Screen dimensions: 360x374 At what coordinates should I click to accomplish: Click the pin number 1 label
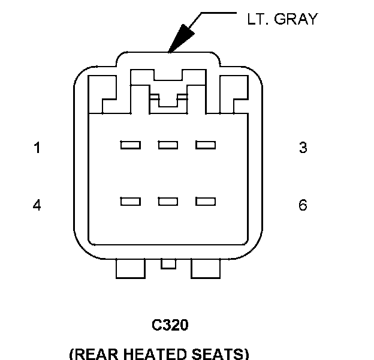(x=37, y=148)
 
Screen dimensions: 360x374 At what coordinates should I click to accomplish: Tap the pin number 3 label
(x=303, y=148)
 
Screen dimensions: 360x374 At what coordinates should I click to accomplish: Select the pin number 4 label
(x=37, y=205)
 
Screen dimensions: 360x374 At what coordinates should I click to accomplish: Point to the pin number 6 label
(x=303, y=205)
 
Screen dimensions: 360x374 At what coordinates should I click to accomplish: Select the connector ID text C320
(x=170, y=325)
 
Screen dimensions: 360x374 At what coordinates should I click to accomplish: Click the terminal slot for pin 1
(x=131, y=145)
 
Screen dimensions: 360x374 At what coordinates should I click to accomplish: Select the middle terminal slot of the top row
(x=168, y=145)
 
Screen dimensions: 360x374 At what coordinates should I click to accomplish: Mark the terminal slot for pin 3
(x=206, y=145)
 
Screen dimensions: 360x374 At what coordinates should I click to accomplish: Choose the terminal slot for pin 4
(x=131, y=202)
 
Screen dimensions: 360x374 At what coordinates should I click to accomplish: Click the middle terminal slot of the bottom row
(x=168, y=202)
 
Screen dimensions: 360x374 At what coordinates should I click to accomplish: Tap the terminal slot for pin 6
(x=206, y=202)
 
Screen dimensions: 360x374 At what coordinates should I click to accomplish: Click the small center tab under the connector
(x=169, y=263)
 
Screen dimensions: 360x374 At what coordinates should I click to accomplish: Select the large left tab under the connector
(x=130, y=268)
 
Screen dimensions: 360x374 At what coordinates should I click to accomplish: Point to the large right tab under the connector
(x=206, y=268)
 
